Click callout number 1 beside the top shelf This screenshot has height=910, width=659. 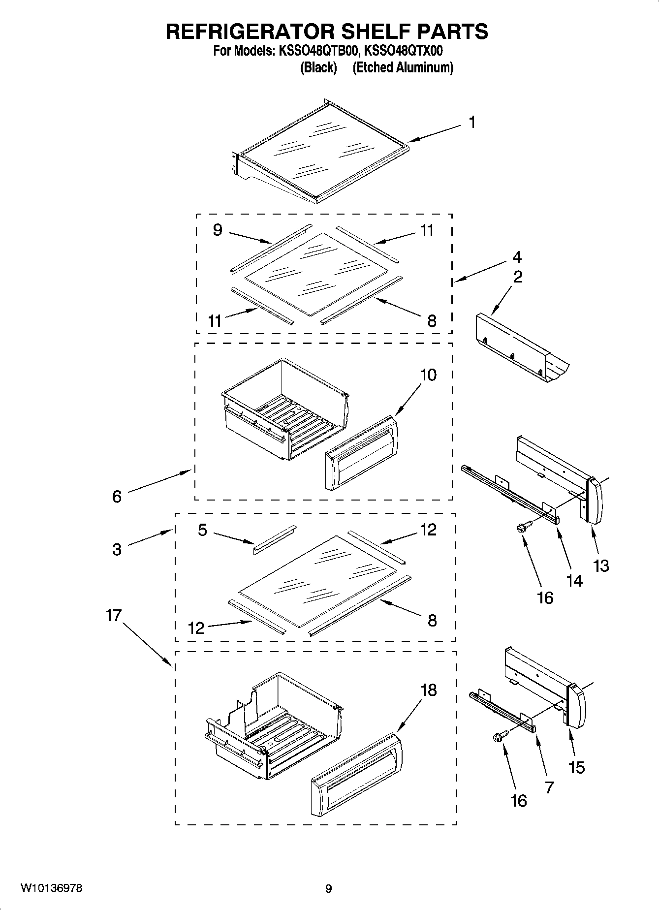472,122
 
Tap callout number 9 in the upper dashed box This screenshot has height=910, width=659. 218,230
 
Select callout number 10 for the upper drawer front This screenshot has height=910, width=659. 428,375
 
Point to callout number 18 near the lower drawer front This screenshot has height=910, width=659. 428,690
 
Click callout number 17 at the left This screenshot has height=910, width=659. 114,615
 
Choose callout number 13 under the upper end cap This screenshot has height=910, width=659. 601,566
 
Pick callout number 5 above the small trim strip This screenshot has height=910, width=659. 203,530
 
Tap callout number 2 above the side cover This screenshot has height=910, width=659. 518,277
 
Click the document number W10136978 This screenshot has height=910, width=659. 51,888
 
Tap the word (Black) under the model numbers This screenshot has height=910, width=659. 318,67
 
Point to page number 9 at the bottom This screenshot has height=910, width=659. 328,888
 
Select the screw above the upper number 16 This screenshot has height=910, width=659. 522,527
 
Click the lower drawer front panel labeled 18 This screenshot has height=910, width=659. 356,774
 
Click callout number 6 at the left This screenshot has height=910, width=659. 117,496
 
